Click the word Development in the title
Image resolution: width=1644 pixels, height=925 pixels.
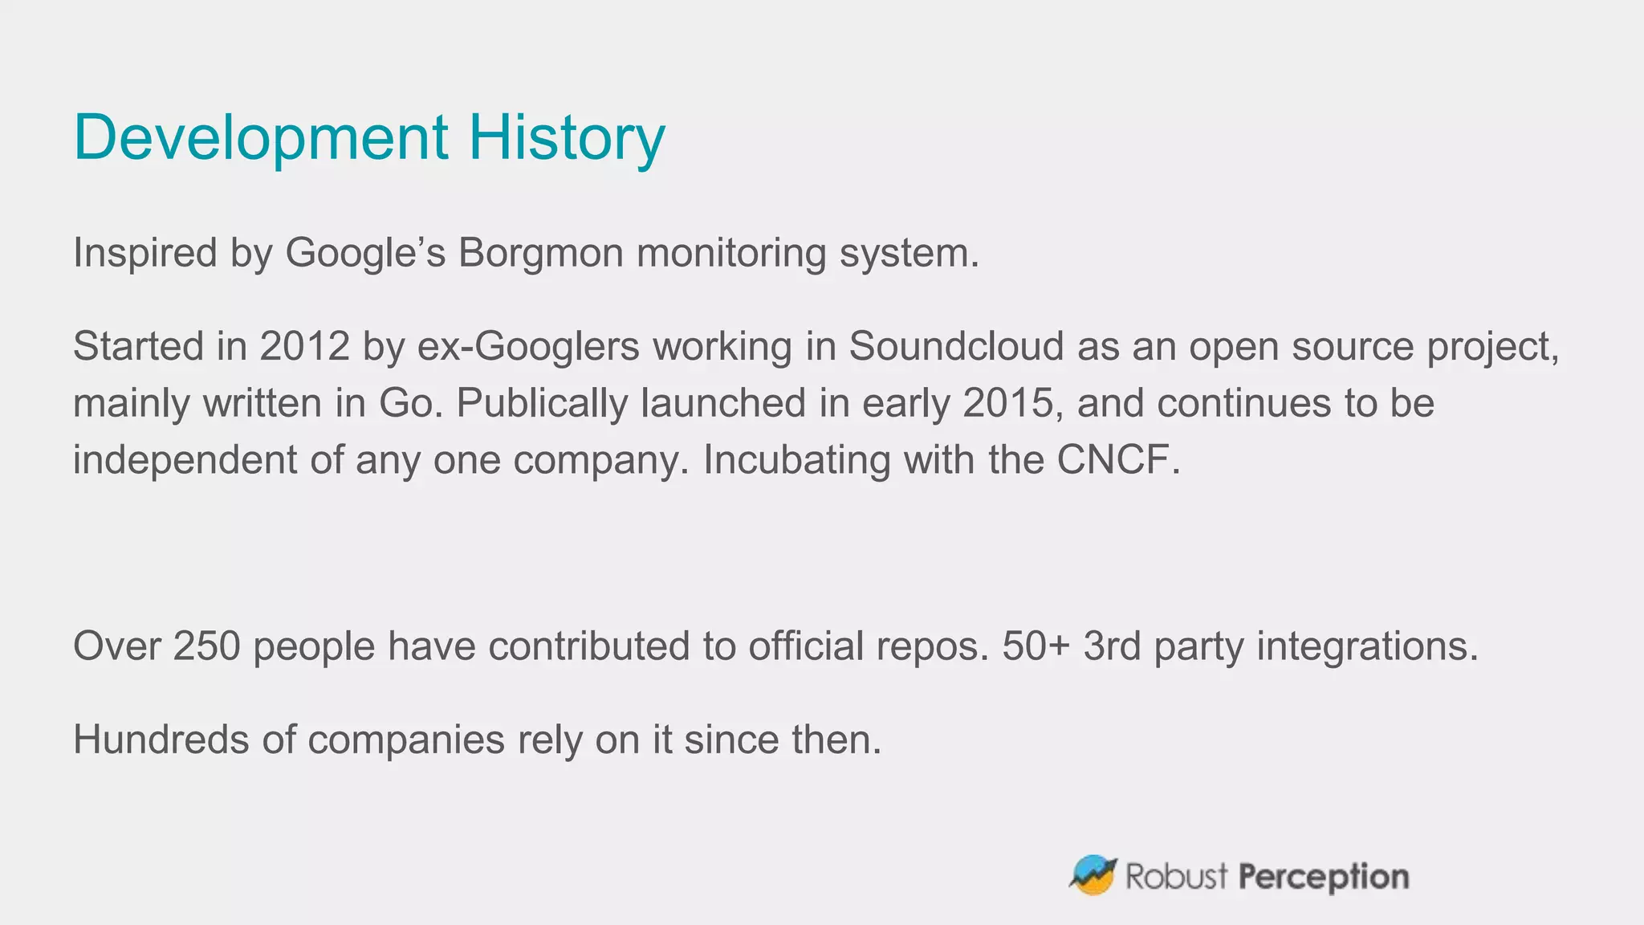click(x=261, y=138)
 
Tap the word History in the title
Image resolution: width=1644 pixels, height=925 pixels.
click(x=567, y=138)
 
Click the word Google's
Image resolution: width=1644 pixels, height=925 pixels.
click(x=365, y=253)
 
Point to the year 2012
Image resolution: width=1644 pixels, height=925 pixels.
click(x=305, y=347)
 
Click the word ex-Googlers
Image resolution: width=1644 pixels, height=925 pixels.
click(x=528, y=347)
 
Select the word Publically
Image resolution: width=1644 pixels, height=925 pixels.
click(x=542, y=403)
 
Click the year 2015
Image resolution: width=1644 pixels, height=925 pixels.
click(x=1007, y=403)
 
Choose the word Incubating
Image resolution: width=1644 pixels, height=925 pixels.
click(x=796, y=460)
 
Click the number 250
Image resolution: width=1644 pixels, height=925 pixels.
click(x=207, y=646)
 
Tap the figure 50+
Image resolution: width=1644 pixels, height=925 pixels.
click(x=1036, y=646)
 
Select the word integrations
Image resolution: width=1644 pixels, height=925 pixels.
click(x=1366, y=646)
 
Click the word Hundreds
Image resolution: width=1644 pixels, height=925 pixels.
click(x=161, y=740)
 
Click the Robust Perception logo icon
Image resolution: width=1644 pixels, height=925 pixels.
click(x=1093, y=874)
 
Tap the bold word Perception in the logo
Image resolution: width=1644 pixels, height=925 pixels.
click(x=1324, y=877)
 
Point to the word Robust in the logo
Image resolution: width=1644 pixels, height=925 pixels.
click(x=1176, y=877)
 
